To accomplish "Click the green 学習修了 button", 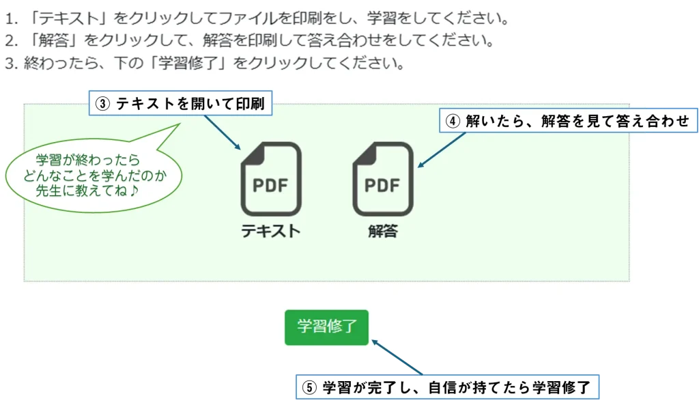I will pos(326,327).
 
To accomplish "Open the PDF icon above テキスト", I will pos(271,179).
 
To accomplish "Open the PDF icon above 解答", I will pos(382,179).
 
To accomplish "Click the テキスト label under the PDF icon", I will pos(271,231).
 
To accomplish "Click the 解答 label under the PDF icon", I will pos(382,231).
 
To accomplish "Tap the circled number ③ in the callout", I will pos(102,104).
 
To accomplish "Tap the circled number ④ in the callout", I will pos(453,121).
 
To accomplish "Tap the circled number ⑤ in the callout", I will pos(309,387).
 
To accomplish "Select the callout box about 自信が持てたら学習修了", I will pos(447,387).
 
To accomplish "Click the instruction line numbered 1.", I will pos(259,16).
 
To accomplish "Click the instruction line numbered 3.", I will pos(205,64).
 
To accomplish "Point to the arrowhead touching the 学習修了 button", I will pos(374,338).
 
